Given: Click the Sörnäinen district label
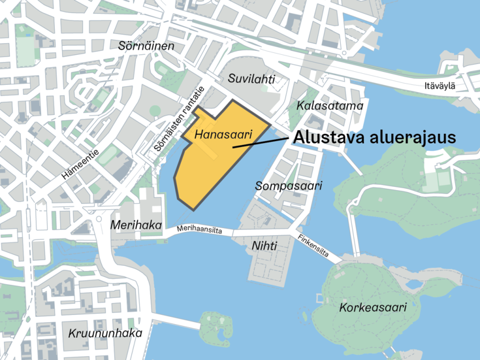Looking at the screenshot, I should click(x=146, y=46).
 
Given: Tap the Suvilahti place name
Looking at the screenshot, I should click(x=251, y=79).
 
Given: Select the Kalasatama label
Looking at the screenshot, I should click(x=329, y=105).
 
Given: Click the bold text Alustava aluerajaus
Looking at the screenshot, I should click(x=373, y=138).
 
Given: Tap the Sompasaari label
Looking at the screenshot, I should click(x=289, y=186).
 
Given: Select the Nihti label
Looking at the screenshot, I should click(x=264, y=246).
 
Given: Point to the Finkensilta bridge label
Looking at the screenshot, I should click(x=313, y=246).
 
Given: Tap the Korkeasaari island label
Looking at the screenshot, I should click(x=373, y=307).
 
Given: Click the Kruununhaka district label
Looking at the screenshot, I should click(x=105, y=333).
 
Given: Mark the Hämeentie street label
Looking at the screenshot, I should click(x=80, y=165).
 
